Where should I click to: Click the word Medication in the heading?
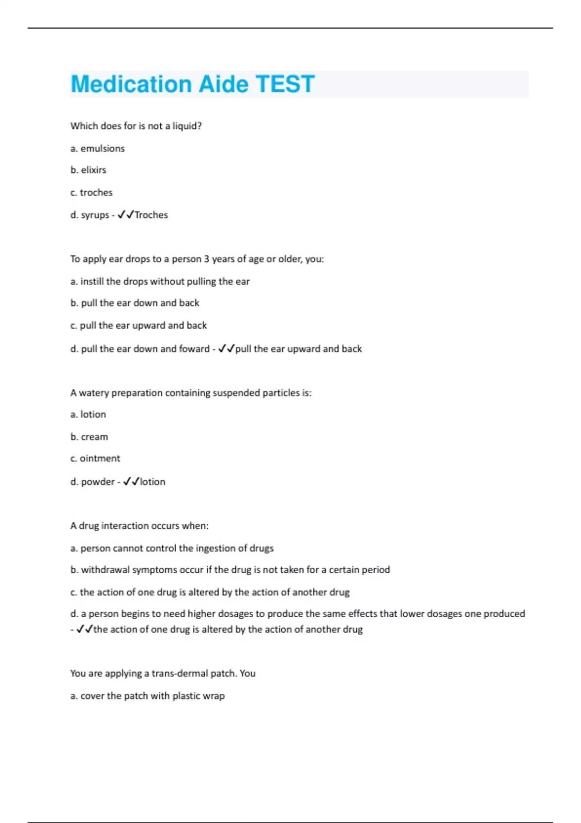(131, 84)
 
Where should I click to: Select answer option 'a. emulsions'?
(97, 149)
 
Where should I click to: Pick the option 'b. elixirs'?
(88, 170)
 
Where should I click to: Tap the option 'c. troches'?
(91, 193)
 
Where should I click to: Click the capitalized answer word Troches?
(151, 215)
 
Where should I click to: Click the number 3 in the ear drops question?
(206, 259)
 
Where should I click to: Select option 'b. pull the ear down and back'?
(135, 303)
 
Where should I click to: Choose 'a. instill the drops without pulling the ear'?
(160, 281)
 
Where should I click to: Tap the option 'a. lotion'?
(88, 414)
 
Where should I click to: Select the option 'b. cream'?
(89, 437)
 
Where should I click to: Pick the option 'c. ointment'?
(95, 458)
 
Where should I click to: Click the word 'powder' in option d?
(98, 482)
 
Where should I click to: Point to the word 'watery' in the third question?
(94, 393)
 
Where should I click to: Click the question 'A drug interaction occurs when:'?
(139, 526)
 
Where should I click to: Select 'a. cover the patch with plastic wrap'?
(147, 696)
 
